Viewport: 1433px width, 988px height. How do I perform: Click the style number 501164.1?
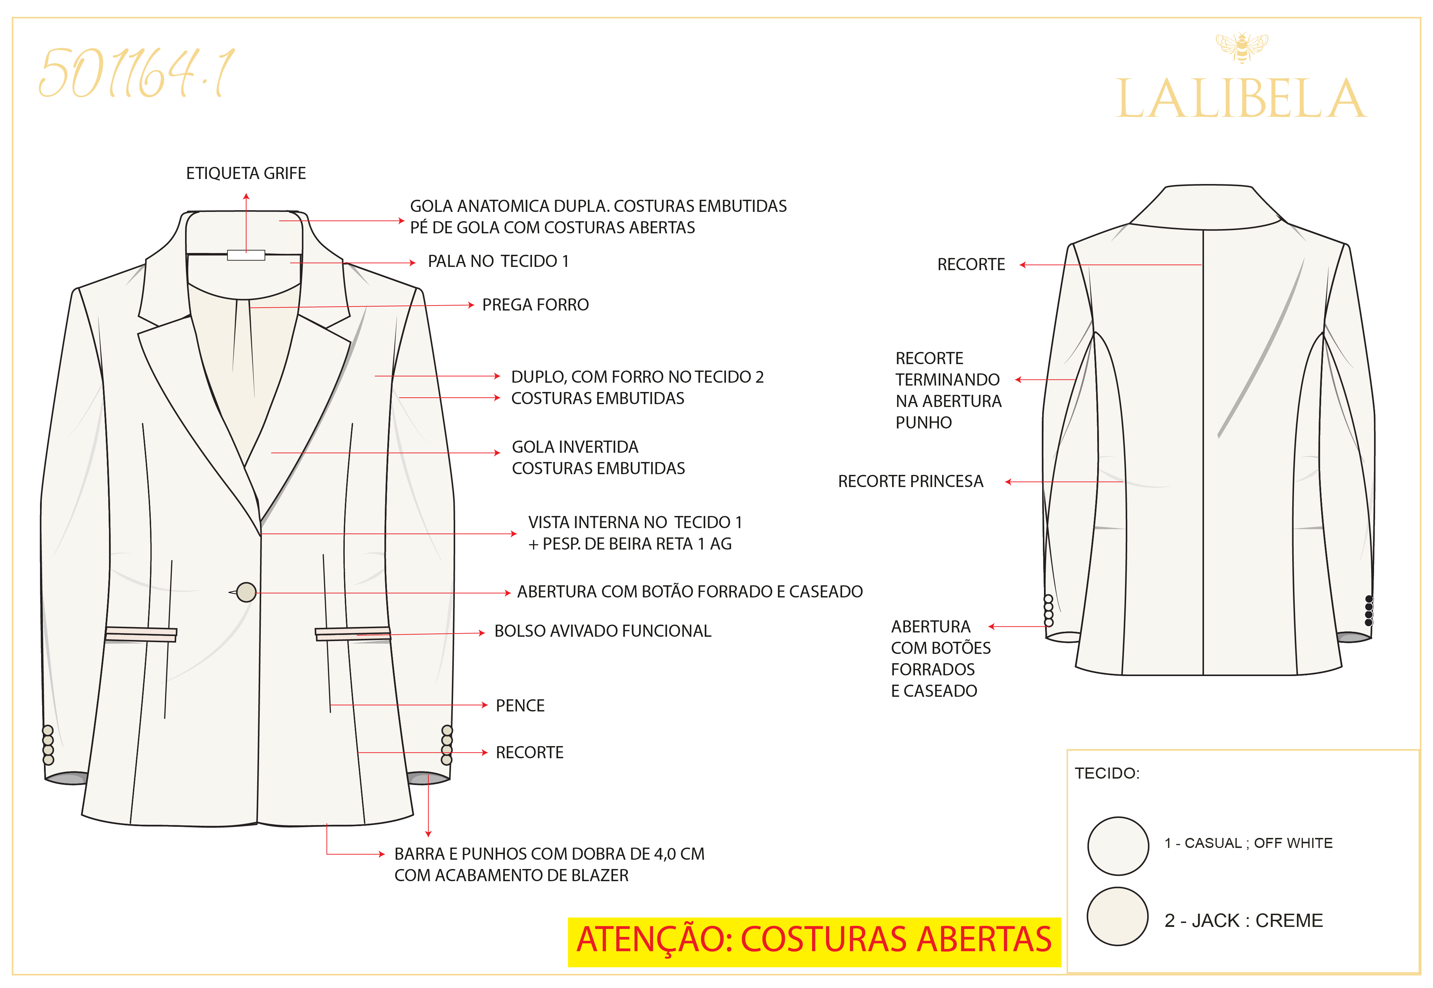(x=136, y=73)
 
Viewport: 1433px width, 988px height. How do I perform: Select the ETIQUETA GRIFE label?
(x=246, y=173)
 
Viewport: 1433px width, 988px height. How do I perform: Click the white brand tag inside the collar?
(x=246, y=255)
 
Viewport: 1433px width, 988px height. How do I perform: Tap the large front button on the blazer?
(x=247, y=592)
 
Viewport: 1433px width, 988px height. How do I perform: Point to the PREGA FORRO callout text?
(x=536, y=304)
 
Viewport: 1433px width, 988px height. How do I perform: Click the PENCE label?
(x=520, y=706)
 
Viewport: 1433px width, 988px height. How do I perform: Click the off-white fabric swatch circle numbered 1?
(x=1118, y=846)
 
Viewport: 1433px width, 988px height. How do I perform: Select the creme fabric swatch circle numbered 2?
(x=1118, y=916)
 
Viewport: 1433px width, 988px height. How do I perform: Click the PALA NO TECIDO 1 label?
(x=498, y=261)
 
